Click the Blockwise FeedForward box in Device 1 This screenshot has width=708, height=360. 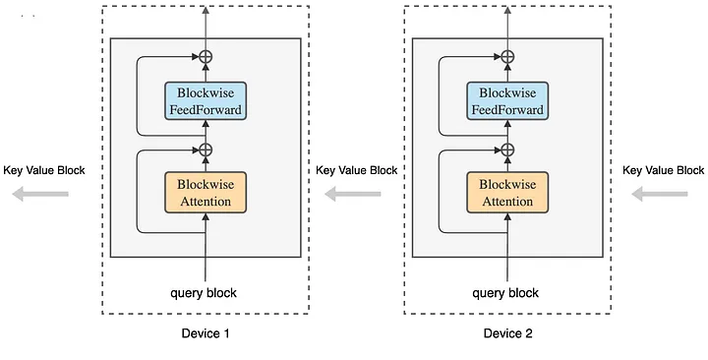click(205, 100)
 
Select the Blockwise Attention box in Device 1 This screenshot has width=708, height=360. click(205, 193)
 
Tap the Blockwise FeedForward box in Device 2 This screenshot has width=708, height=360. click(507, 100)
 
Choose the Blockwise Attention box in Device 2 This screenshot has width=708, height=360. click(507, 193)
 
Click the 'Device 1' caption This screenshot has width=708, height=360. click(206, 333)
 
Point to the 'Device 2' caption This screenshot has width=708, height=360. click(507, 333)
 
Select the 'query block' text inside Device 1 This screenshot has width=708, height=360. click(204, 292)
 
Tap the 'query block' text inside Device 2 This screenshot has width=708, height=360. click(505, 292)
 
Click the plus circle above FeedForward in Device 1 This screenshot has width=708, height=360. click(206, 56)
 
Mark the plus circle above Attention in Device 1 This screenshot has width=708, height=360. click(206, 150)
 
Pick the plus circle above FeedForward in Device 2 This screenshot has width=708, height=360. click(508, 56)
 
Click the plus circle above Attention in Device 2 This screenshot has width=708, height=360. click(508, 150)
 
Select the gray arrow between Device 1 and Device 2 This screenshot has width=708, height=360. click(353, 195)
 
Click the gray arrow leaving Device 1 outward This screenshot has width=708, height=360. click(40, 195)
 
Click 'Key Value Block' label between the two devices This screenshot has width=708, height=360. click(356, 170)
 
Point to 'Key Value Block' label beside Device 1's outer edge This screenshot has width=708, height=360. click(44, 170)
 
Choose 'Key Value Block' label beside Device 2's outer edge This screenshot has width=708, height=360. click(664, 170)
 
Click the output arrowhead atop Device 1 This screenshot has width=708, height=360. click(206, 10)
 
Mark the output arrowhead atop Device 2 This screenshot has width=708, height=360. click(508, 10)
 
